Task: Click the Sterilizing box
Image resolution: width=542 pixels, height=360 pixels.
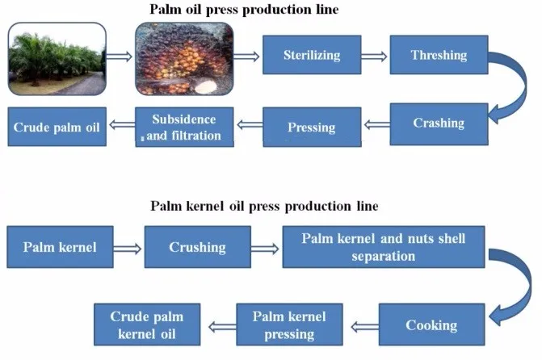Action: pyautogui.click(x=312, y=55)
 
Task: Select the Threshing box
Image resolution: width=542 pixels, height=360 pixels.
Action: pyautogui.click(x=439, y=55)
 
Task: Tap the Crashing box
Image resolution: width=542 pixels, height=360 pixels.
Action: pyautogui.click(x=439, y=124)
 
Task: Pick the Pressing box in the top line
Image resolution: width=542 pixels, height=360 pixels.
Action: pyautogui.click(x=312, y=128)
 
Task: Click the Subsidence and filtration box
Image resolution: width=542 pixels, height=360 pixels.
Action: pyautogui.click(x=184, y=128)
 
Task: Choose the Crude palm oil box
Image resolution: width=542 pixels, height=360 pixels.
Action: pyautogui.click(x=57, y=127)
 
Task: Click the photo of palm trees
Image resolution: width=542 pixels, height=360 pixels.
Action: pyautogui.click(x=57, y=59)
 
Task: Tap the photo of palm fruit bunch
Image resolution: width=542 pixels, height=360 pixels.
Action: pyautogui.click(x=184, y=59)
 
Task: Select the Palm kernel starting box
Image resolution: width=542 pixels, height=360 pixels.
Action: pyautogui.click(x=60, y=247)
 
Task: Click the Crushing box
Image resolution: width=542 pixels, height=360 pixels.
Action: pyautogui.click(x=198, y=247)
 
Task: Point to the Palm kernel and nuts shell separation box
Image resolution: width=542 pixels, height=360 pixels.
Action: pyautogui.click(x=384, y=247)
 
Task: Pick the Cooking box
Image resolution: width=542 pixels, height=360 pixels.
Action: pyautogui.click(x=431, y=324)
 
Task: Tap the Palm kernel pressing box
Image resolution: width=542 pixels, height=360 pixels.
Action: pyautogui.click(x=290, y=324)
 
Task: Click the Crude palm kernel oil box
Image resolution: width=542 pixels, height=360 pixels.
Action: pyautogui.click(x=147, y=324)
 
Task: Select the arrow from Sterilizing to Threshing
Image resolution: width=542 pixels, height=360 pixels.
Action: pyautogui.click(x=374, y=57)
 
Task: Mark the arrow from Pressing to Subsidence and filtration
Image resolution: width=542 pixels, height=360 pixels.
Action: pyautogui.click(x=250, y=124)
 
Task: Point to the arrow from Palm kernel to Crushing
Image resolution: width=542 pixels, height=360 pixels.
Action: pyautogui.click(x=127, y=249)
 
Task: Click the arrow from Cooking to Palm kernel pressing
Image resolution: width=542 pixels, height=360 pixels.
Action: pyautogui.click(x=364, y=326)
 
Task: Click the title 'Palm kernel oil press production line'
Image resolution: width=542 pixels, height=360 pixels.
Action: pyautogui.click(x=264, y=207)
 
